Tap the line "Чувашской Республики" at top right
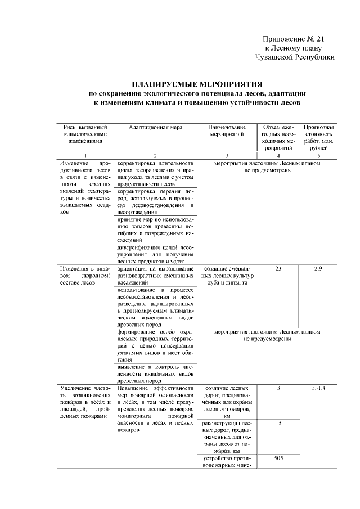[x=295, y=57]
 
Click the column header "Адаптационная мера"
[x=155, y=128]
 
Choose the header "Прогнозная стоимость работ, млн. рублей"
[x=318, y=138]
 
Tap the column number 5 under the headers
[x=318, y=155]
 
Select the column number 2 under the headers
[x=155, y=155]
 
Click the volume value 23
[x=278, y=269]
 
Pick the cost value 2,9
[x=318, y=269]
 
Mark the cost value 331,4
[x=318, y=388]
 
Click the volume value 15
[x=278, y=423]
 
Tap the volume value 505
[x=278, y=458]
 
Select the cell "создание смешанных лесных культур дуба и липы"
[x=227, y=276]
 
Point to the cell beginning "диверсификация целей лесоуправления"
[x=155, y=254]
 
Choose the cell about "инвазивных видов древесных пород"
[x=155, y=373]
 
